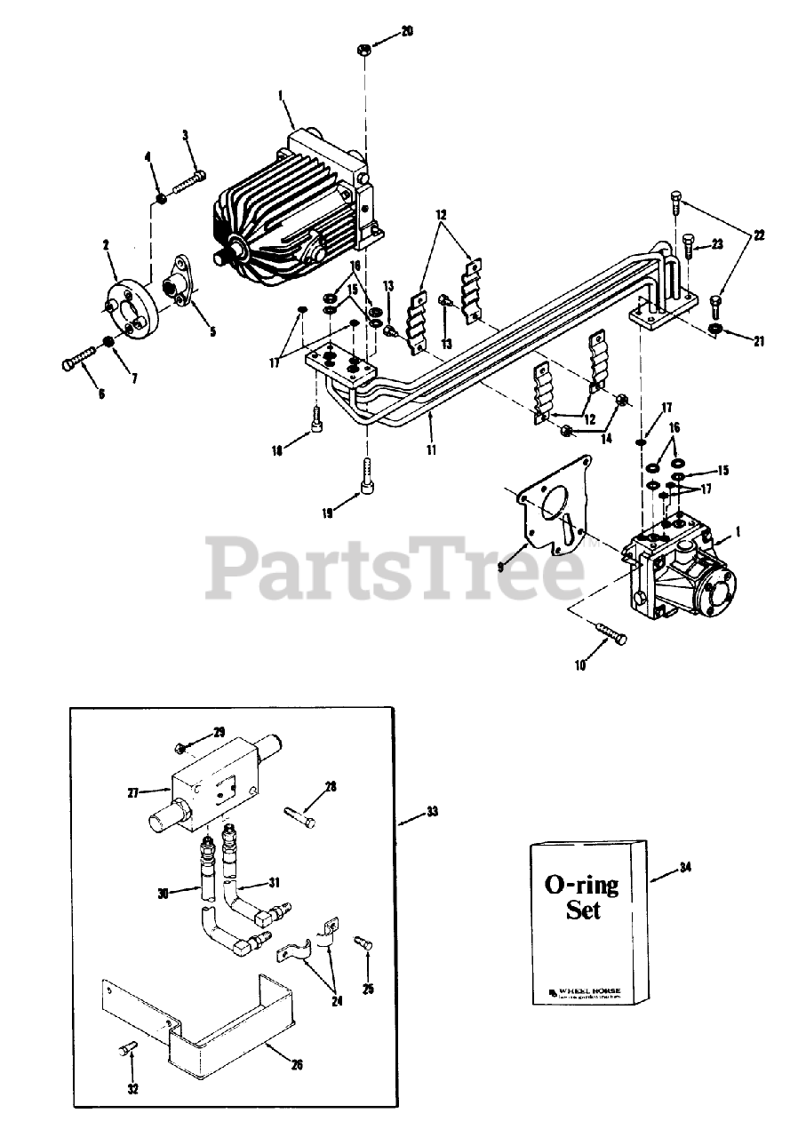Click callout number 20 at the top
pos(406,31)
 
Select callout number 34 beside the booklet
pos(684,867)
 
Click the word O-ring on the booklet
pos(581,886)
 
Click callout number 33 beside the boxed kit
pos(432,811)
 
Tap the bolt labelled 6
pos(78,361)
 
